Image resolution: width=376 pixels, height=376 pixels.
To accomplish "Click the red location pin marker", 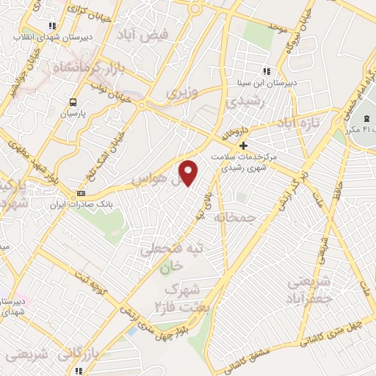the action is point(189,173).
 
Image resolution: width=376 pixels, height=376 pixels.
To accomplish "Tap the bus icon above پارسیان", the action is point(73,103).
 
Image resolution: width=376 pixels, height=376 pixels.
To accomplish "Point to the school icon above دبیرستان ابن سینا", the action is point(267,71).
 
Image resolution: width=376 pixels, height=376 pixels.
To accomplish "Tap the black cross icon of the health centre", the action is point(244,145).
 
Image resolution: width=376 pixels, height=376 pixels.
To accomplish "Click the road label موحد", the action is point(277,27).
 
